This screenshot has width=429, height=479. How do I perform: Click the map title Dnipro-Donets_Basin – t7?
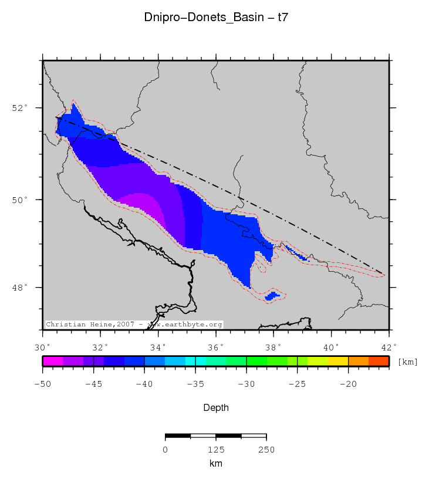[x=215, y=18]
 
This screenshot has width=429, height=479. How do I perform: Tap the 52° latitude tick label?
[x=21, y=108]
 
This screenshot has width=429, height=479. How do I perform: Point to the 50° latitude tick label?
[x=21, y=200]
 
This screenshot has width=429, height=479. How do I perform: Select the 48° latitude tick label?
[x=21, y=288]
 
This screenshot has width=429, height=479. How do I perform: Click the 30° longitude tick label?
[x=43, y=346]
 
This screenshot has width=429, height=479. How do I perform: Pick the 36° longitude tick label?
[x=215, y=346]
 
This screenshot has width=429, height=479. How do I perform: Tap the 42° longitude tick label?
[x=389, y=346]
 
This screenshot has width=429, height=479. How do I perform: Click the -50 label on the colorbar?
[x=42, y=384]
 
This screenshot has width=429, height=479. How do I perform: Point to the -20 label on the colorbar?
[x=348, y=384]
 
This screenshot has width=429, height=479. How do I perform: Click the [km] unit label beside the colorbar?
[x=407, y=362]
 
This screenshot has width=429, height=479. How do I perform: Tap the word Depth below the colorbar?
[x=215, y=407]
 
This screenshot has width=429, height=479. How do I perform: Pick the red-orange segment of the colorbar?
[x=379, y=361]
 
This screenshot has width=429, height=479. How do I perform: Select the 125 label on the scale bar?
[x=216, y=450]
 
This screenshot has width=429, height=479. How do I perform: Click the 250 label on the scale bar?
[x=266, y=450]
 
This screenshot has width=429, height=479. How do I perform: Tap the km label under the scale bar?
[x=215, y=463]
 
